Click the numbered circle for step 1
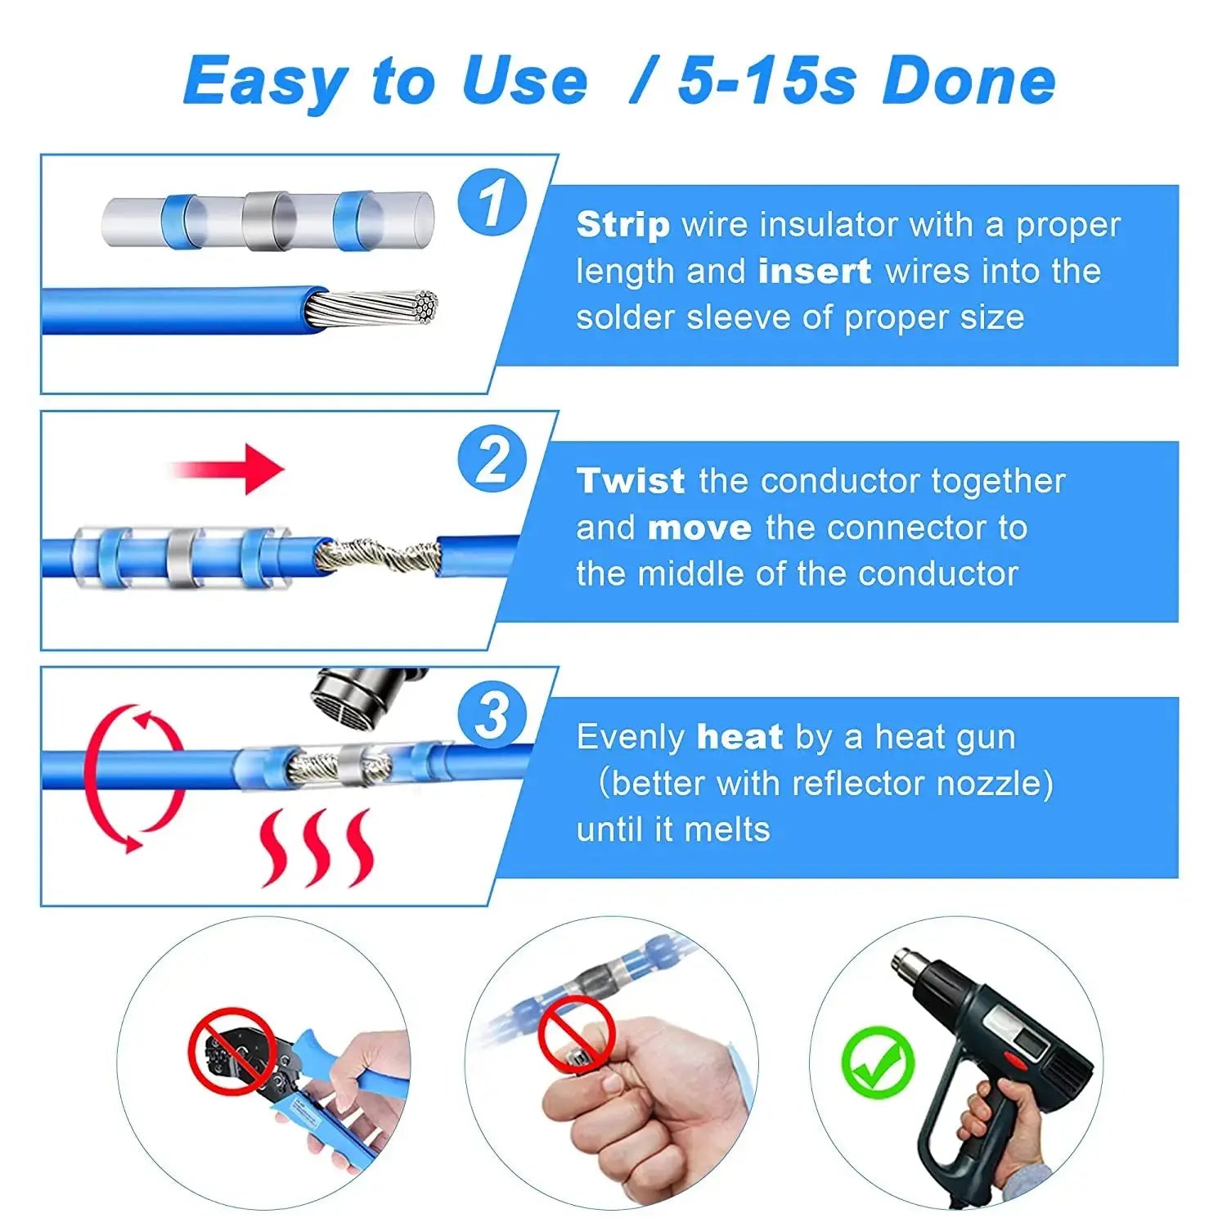(x=492, y=203)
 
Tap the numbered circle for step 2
(x=492, y=459)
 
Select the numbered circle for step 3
(x=492, y=715)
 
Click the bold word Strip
(x=622, y=224)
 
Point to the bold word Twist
(x=630, y=481)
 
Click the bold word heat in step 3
(x=739, y=737)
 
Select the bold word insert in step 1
(x=814, y=271)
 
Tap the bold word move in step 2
(x=699, y=528)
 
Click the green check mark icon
(x=878, y=1062)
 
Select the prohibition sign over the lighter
(x=577, y=1035)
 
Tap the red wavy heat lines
(x=316, y=847)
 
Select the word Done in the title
(x=969, y=81)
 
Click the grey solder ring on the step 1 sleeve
(x=269, y=220)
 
